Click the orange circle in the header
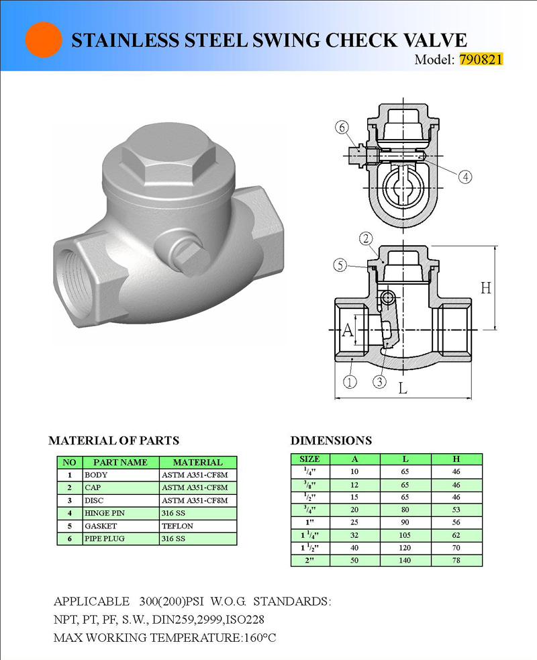(x=44, y=40)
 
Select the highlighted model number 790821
(x=481, y=59)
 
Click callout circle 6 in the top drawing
(x=342, y=128)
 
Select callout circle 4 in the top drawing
(x=466, y=177)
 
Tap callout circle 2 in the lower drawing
(x=366, y=238)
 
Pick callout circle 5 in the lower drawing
(x=341, y=265)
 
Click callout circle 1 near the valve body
(x=350, y=383)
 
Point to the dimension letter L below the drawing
(x=402, y=388)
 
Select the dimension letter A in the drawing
(x=348, y=330)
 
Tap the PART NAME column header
(x=120, y=462)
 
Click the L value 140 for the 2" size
(x=405, y=560)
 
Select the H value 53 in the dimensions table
(x=456, y=510)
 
